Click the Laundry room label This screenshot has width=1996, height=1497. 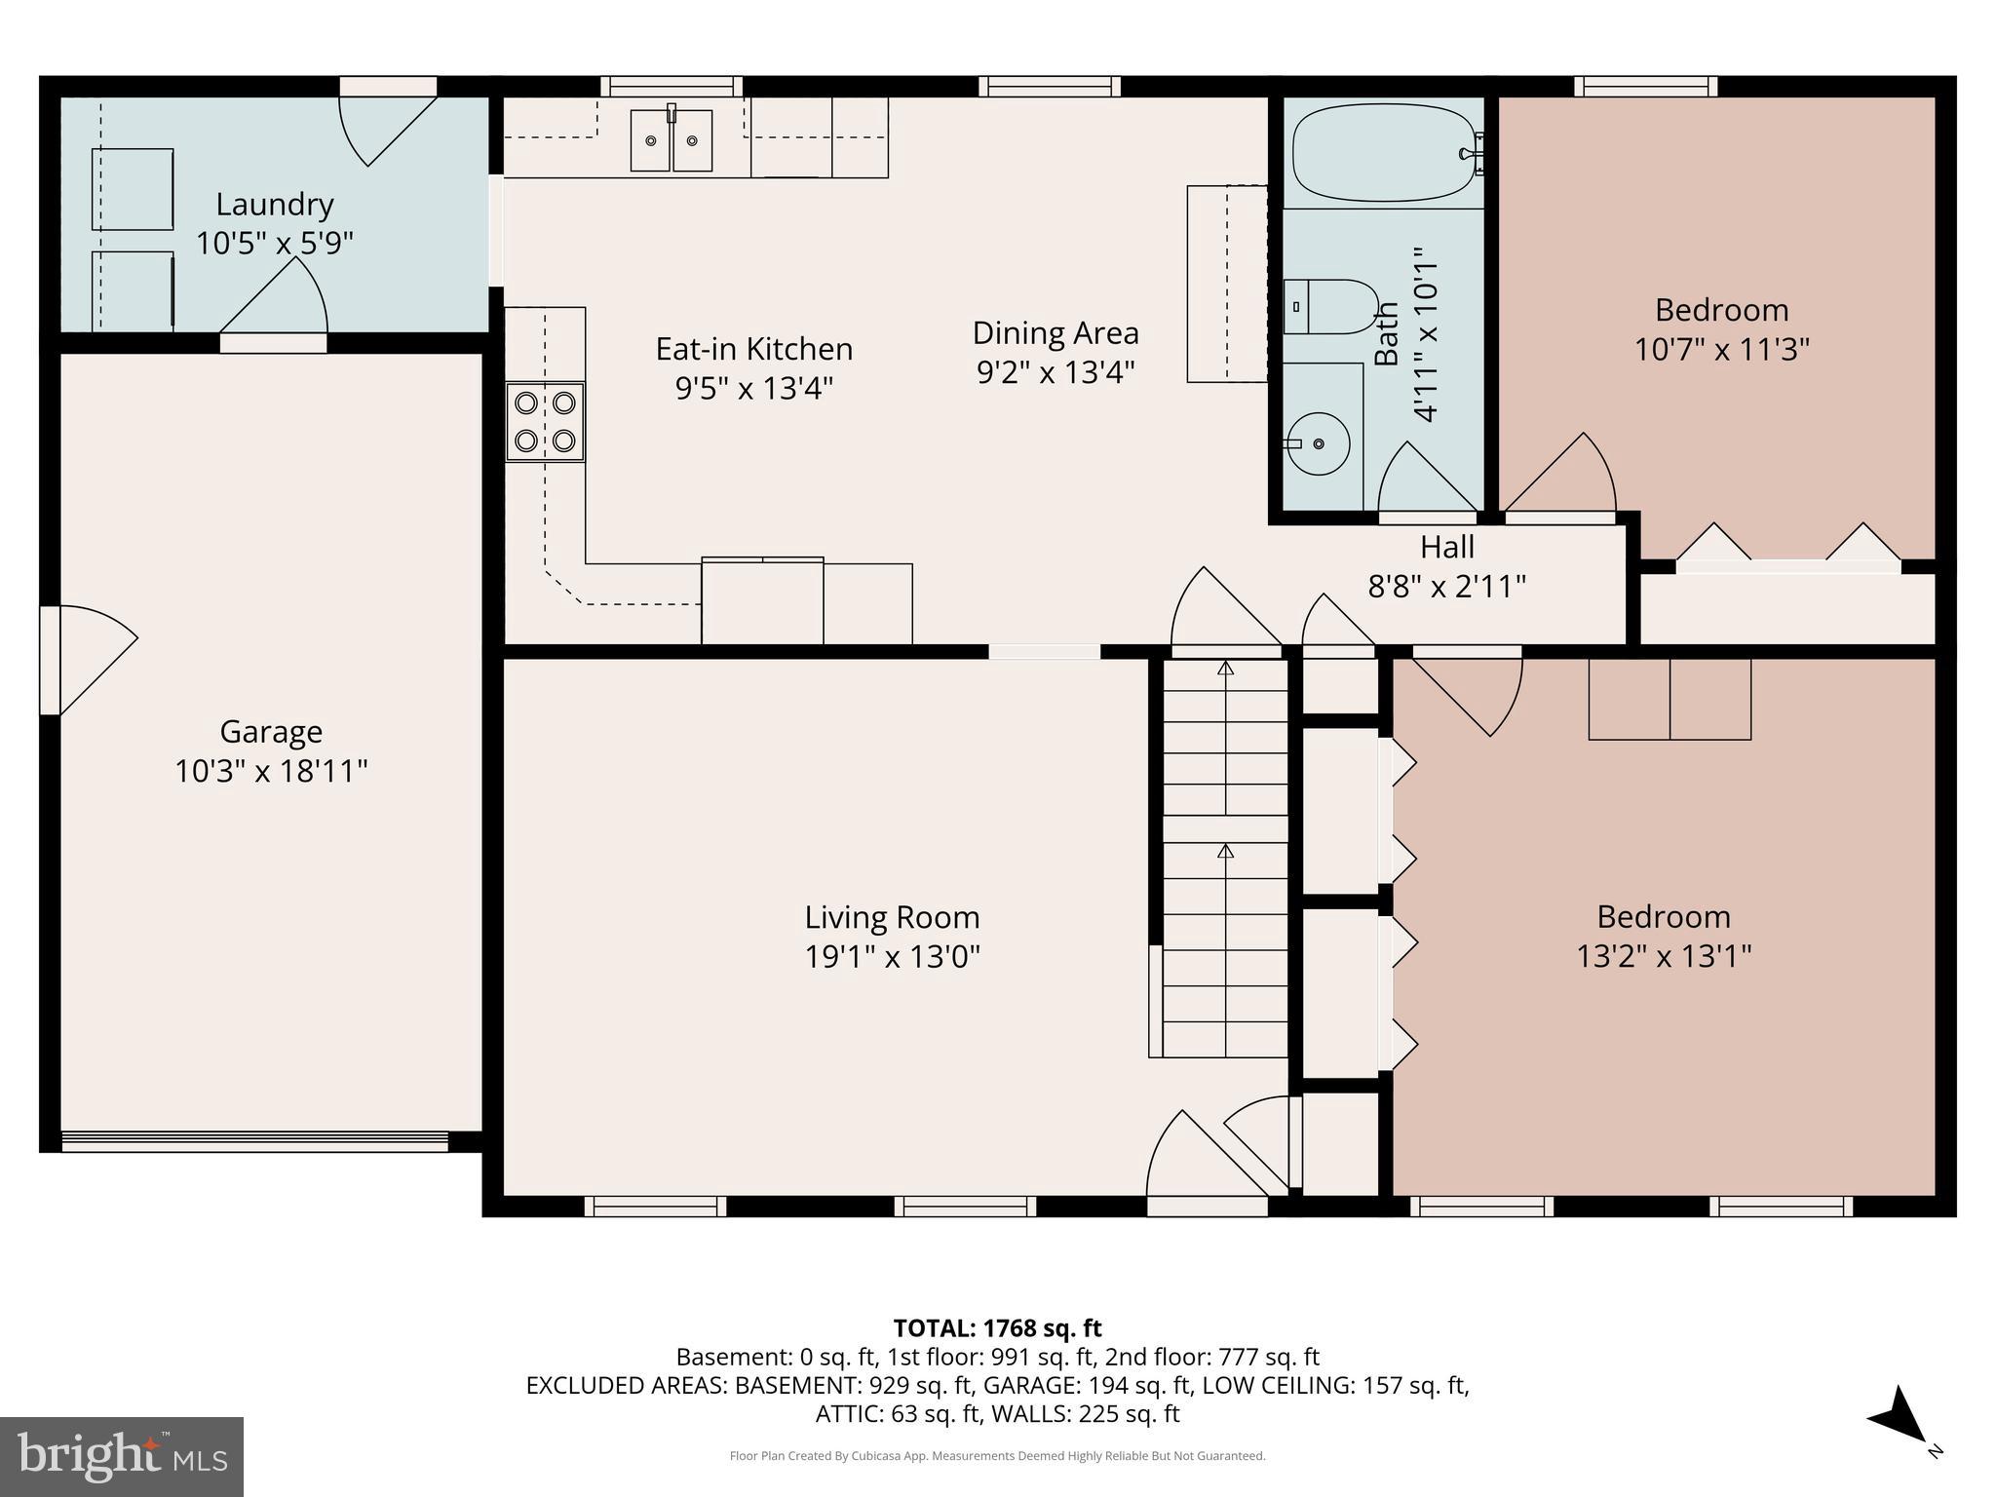coord(274,205)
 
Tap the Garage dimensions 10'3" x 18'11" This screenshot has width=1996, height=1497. coord(271,772)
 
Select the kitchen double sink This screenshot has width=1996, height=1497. coord(671,141)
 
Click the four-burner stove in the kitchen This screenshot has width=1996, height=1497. coord(545,422)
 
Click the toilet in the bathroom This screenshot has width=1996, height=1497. coord(1329,307)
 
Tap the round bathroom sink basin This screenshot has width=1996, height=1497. coord(1318,443)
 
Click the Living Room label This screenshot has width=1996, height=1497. coord(892,917)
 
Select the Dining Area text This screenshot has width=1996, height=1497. coord(1056,333)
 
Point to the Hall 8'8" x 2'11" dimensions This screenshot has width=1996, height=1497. coord(1446,587)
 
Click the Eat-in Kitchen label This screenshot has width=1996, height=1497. coord(753,349)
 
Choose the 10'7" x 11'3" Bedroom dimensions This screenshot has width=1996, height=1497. coord(1721,350)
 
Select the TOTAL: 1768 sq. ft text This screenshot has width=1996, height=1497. coord(997,1327)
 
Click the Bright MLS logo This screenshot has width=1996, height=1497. coord(121,1456)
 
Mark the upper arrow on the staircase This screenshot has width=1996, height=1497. coord(1225,669)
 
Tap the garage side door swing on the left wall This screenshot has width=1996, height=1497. coord(93,659)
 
